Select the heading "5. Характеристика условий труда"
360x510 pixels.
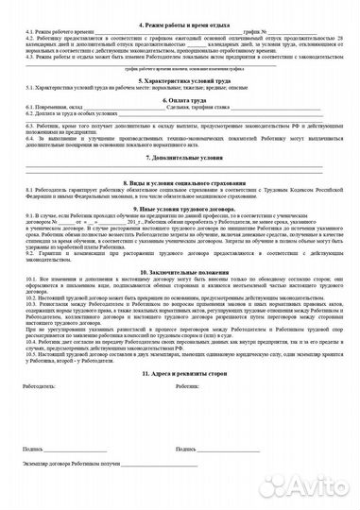(180, 81)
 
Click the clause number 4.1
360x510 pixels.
(28, 31)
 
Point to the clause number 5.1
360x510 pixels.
(28, 90)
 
